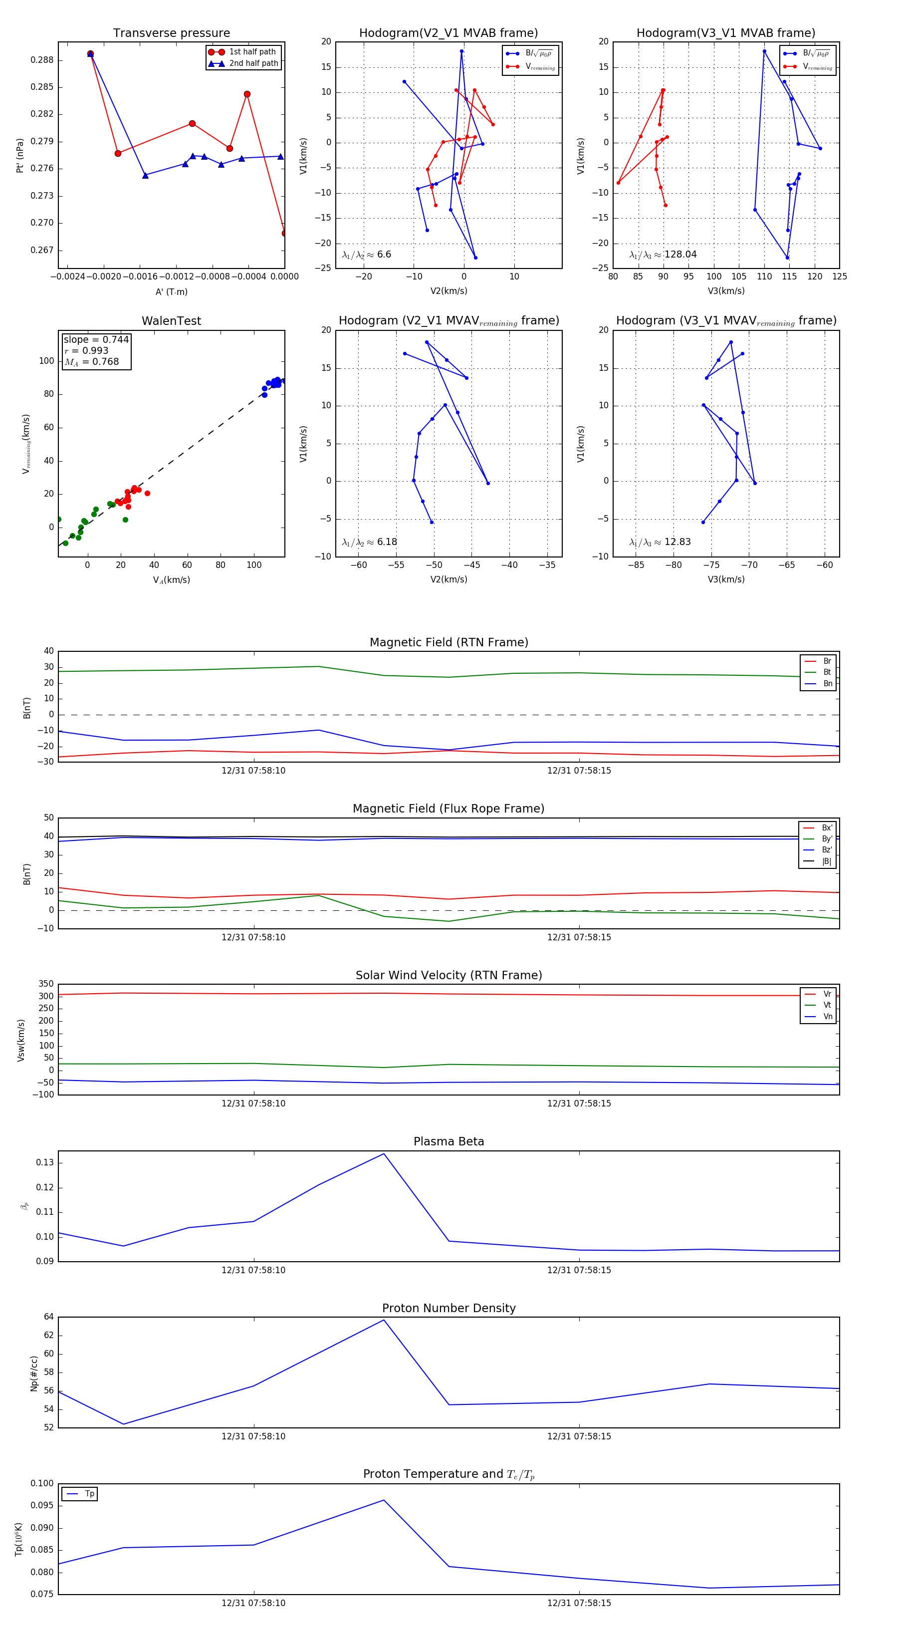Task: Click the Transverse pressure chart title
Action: [x=171, y=33]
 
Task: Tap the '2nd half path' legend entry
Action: [x=253, y=63]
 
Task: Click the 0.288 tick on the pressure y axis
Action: [x=42, y=60]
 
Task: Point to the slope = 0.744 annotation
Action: [x=96, y=339]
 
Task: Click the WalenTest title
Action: [x=171, y=321]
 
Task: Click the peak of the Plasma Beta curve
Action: [x=384, y=1154]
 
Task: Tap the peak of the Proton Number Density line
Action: [x=384, y=1320]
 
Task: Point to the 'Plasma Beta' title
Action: [x=449, y=1142]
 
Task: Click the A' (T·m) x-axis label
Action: [x=171, y=292]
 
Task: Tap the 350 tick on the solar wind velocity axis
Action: [x=46, y=984]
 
